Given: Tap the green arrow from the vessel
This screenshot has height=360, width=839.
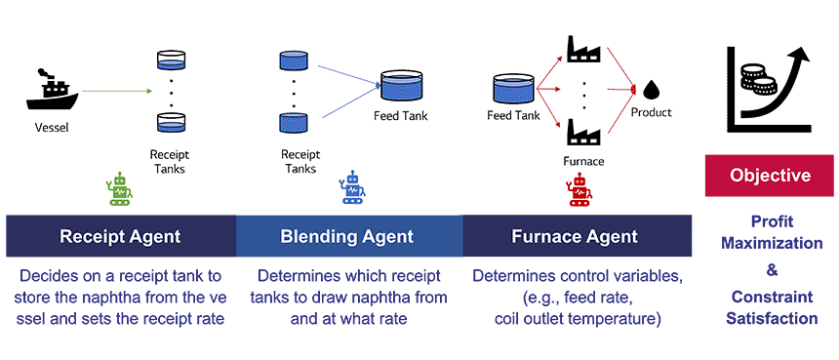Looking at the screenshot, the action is (118, 92).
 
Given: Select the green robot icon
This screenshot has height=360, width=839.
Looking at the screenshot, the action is (120, 189).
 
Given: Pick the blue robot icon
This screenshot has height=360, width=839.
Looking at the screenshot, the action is (352, 186).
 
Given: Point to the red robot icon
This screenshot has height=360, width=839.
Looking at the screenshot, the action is (579, 191).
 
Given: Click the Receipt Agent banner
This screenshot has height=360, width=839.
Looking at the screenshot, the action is (121, 236).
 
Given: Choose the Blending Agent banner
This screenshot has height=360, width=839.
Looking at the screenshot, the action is (349, 236).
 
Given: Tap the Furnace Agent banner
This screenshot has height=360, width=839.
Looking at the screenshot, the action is (577, 236).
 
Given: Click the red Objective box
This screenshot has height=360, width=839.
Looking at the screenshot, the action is (770, 176).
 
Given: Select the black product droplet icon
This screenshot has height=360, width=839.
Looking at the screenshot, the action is (651, 90).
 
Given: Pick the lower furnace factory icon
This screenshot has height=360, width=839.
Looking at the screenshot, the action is (583, 131).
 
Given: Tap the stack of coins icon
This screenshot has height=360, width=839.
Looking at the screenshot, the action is (756, 79).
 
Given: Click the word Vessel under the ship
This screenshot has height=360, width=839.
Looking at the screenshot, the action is (52, 127).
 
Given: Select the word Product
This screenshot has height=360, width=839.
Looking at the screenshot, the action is (651, 113).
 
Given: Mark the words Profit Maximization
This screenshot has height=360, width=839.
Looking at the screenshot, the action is (772, 232).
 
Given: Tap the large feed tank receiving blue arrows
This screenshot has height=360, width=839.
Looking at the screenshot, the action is (401, 86).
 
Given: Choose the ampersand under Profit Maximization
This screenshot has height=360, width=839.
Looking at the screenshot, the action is (772, 270).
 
